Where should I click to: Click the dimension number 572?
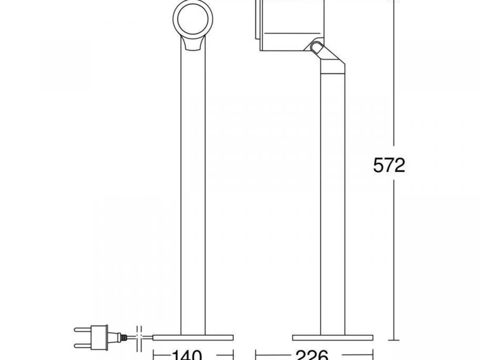(389, 166)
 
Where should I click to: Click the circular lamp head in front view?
(193, 19)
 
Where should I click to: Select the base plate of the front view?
(193, 338)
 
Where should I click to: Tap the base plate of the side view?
(333, 338)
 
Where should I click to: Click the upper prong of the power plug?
(82, 330)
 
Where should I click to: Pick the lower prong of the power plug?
(82, 345)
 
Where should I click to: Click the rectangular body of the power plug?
(99, 337)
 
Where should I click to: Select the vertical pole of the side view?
(333, 203)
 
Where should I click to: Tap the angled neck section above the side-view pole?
(332, 64)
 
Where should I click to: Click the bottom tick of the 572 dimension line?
(394, 340)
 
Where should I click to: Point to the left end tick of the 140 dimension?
(154, 355)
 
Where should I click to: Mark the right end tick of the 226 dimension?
(373, 355)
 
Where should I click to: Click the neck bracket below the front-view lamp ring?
(193, 44)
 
